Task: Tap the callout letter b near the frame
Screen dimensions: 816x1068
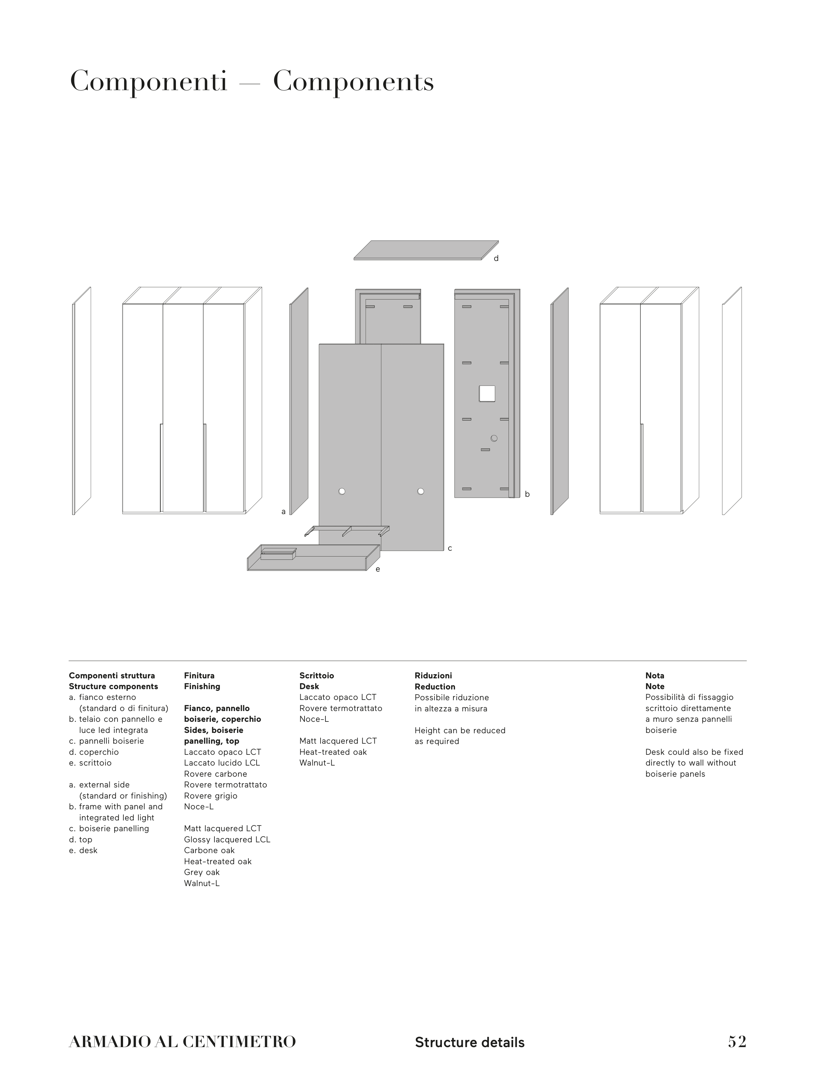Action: (527, 494)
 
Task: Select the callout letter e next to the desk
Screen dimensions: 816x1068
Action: (378, 569)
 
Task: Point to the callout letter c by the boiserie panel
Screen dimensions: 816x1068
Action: (450, 549)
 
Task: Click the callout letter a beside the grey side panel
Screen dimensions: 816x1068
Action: (284, 512)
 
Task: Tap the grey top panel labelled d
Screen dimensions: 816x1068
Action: (426, 250)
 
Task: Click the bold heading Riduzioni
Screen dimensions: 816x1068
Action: (433, 675)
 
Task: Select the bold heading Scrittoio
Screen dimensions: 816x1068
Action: (317, 675)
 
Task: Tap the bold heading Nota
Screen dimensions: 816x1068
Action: (655, 675)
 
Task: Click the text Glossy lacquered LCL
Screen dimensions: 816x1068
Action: (227, 840)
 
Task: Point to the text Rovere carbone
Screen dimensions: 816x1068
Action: (215, 774)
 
